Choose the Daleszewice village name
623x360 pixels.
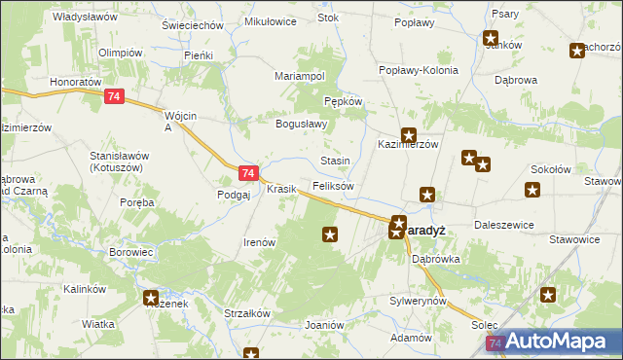point(503,225)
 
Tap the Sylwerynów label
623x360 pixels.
point(417,301)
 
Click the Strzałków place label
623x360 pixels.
point(247,313)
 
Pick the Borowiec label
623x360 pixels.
point(132,252)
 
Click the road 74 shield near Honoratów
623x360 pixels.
point(116,96)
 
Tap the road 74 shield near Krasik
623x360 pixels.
point(248,173)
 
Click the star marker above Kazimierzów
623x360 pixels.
point(409,136)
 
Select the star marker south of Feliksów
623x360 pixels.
point(330,234)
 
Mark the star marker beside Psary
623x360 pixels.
point(491,39)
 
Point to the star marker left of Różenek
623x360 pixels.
point(151,298)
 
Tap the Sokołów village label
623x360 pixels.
point(551,168)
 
